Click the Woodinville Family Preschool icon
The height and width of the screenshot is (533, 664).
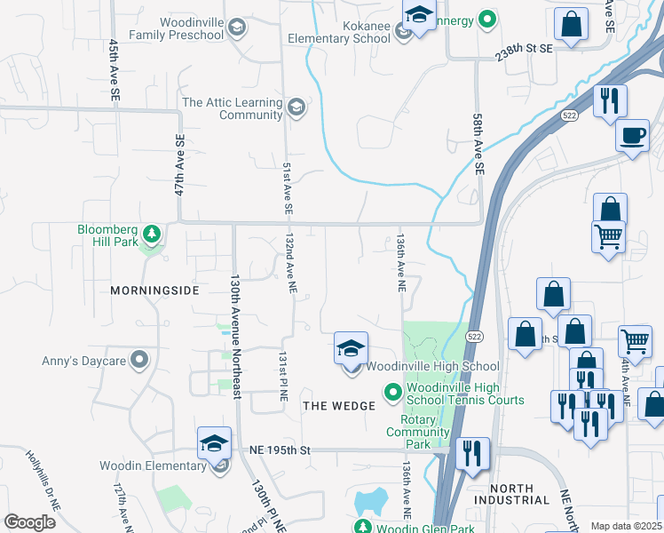click(x=236, y=28)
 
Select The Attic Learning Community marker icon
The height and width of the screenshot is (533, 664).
click(x=296, y=108)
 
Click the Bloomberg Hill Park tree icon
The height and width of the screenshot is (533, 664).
click(x=153, y=235)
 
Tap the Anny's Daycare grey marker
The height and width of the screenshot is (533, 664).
click(x=138, y=360)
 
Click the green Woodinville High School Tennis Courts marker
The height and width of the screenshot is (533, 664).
click(x=392, y=391)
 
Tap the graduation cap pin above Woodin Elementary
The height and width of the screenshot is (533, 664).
click(x=214, y=442)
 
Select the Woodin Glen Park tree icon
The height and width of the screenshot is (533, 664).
click(x=363, y=526)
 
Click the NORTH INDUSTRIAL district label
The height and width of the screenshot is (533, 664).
click(x=510, y=495)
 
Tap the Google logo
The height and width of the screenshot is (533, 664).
click(x=29, y=521)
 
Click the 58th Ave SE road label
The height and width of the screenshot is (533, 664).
click(x=478, y=142)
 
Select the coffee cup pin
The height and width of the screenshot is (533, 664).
click(x=632, y=136)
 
